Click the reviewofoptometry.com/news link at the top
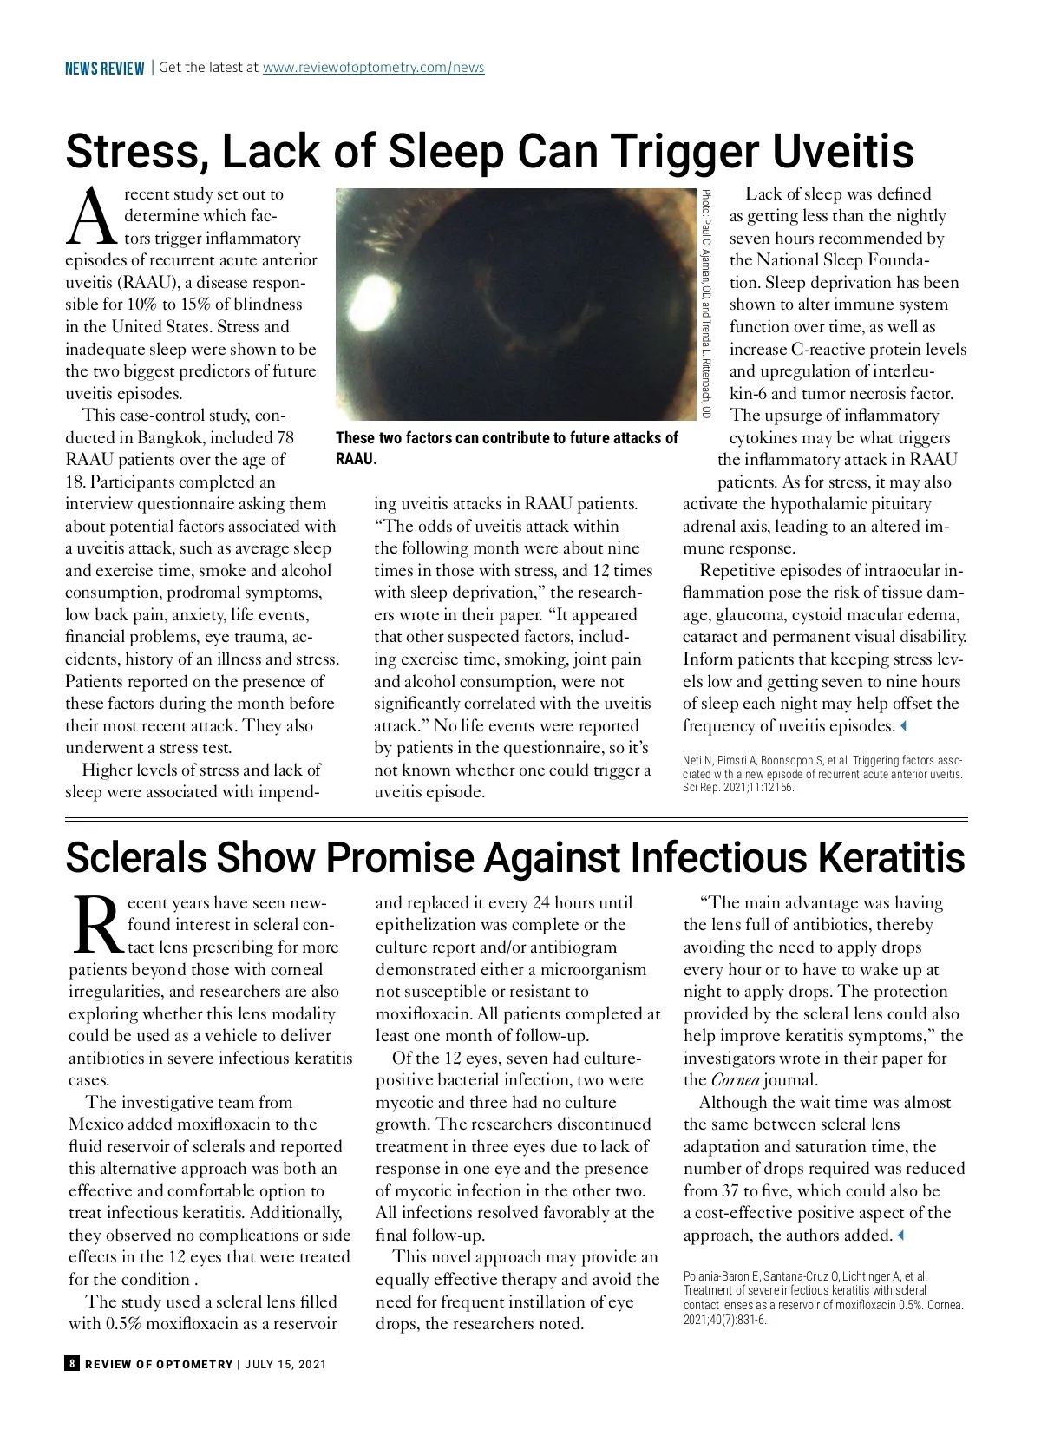[373, 68]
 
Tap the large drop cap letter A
[92, 218]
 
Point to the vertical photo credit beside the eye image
[706, 304]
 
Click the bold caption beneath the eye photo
[507, 448]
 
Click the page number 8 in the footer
[72, 1363]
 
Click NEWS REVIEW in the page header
[104, 69]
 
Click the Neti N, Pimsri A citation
[822, 774]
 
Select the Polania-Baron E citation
[822, 1298]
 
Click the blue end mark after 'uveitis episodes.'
[903, 725]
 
